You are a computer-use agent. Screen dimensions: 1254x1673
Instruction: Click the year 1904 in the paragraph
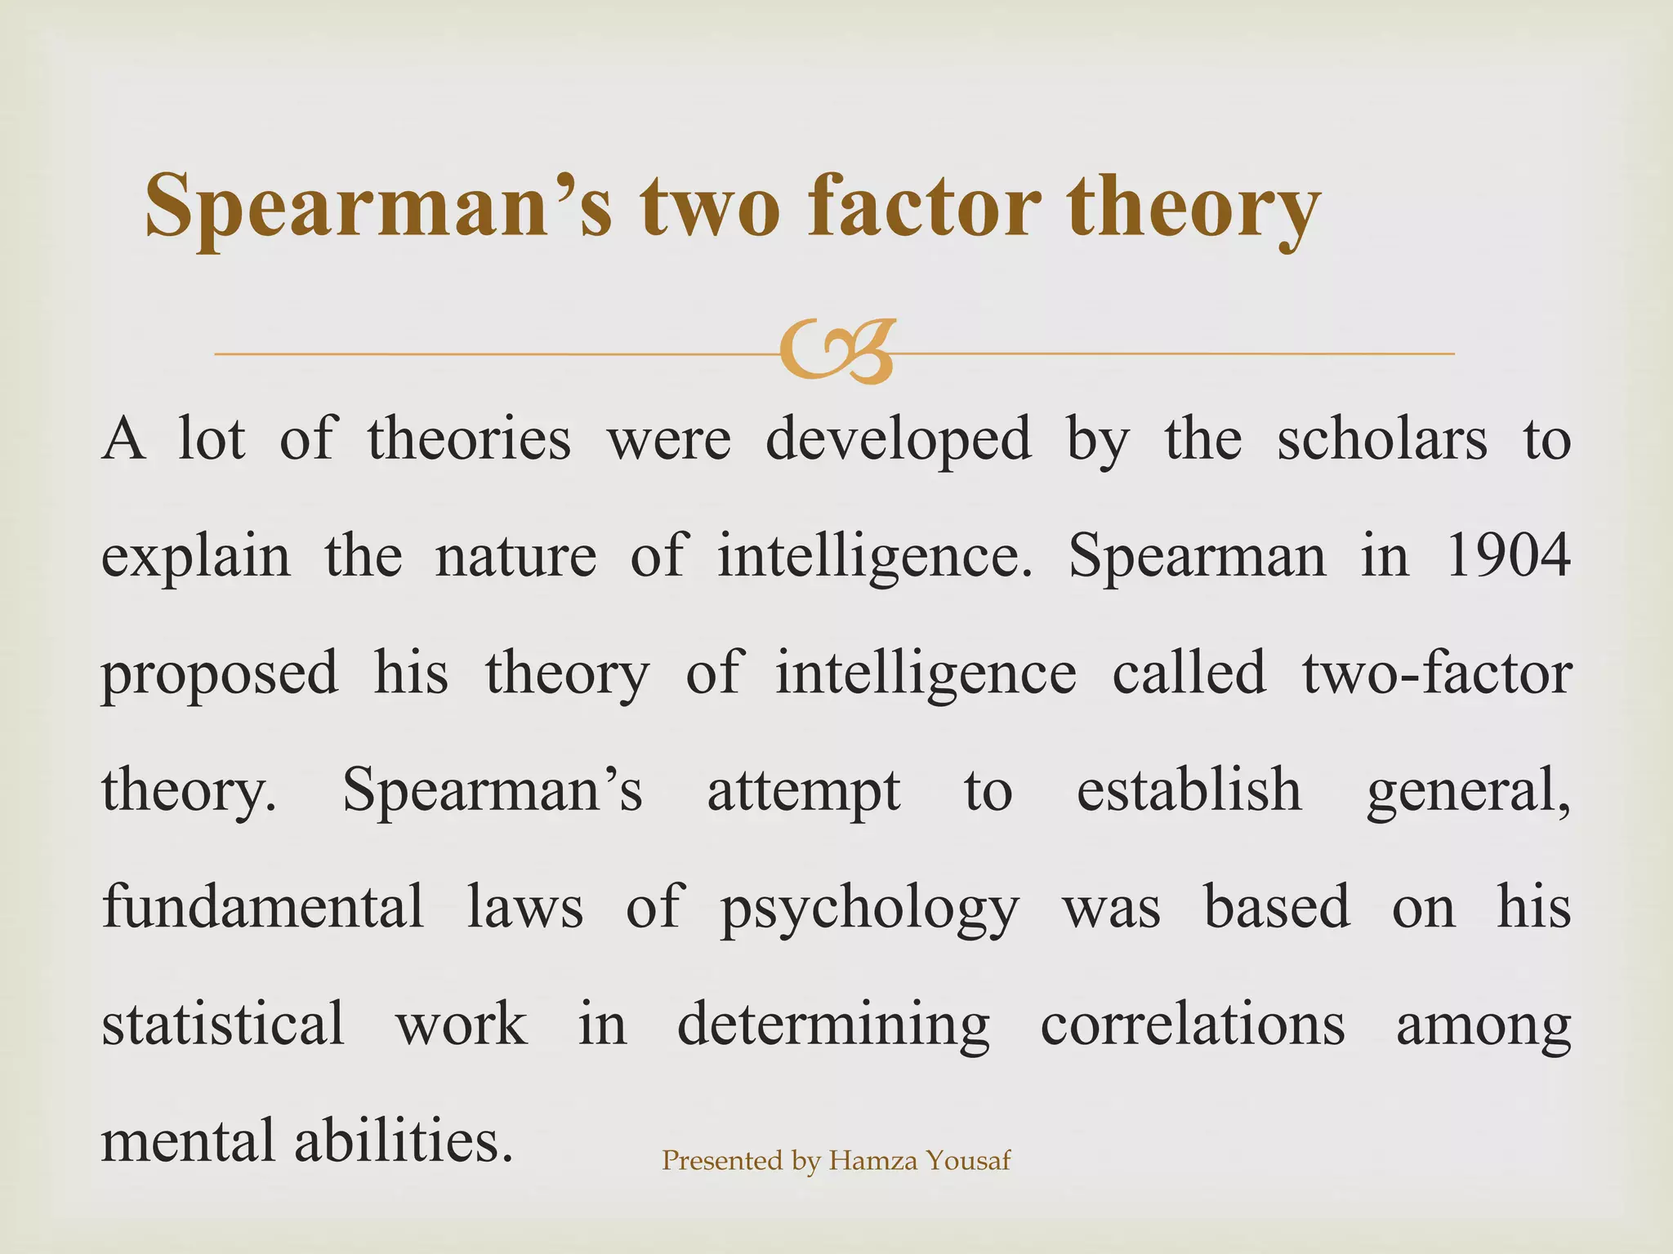point(1508,556)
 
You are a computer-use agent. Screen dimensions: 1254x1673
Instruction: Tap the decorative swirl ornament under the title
point(836,353)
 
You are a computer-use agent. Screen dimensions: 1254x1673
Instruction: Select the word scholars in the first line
point(1382,439)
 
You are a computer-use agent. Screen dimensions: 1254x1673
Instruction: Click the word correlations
point(1193,1024)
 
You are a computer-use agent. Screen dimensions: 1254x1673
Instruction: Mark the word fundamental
point(263,906)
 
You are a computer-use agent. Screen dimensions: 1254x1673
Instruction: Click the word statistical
point(223,1024)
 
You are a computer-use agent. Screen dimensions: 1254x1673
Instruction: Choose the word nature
point(515,556)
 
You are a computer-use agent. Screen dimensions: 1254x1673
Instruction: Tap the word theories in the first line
point(469,439)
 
